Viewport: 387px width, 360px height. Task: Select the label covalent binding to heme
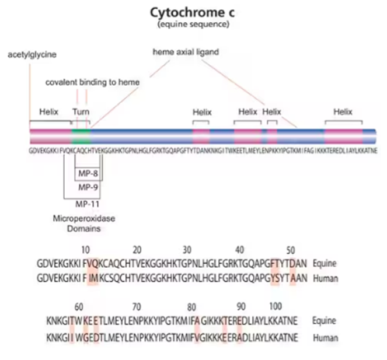[93, 82]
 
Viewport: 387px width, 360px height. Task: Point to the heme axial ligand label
[186, 52]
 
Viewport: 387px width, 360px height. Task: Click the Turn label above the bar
[81, 111]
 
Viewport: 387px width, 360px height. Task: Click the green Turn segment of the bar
[81, 138]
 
